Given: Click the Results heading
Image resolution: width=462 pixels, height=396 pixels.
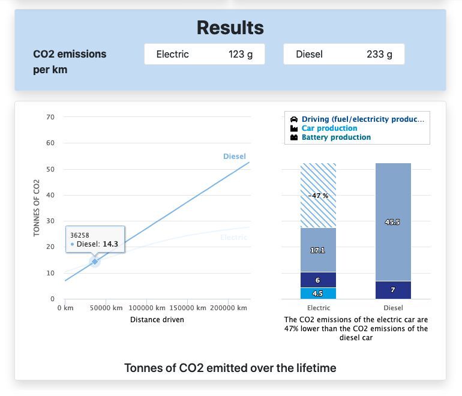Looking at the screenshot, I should (x=230, y=28).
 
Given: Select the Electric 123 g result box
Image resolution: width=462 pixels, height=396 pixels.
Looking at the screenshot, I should (x=204, y=54).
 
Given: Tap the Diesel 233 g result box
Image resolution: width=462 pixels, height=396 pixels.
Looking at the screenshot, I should (x=344, y=54).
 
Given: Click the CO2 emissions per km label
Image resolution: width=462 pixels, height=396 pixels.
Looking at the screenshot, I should (x=70, y=62).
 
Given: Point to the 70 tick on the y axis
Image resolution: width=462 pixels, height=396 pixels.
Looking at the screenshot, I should (x=50, y=117).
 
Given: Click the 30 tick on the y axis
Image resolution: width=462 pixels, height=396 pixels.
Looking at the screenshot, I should (x=50, y=221).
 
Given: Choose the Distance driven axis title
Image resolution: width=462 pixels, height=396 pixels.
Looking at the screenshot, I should (x=157, y=320).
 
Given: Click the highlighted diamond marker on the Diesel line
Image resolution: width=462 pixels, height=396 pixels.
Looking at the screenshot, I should (x=95, y=261).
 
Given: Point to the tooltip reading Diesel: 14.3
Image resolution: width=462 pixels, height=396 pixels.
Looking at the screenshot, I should (x=95, y=239).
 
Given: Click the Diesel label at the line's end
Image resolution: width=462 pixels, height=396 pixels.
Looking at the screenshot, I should (x=234, y=157).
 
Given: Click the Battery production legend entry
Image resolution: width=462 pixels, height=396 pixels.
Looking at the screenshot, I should (x=335, y=137).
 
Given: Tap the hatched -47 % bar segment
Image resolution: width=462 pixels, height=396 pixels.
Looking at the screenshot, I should (x=318, y=196).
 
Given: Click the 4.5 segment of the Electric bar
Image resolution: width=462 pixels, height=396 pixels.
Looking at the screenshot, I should (x=318, y=293).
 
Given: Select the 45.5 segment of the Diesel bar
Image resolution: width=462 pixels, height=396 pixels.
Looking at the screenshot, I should (x=393, y=222).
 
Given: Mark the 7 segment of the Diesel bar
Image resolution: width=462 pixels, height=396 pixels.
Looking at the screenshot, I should (x=393, y=290).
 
